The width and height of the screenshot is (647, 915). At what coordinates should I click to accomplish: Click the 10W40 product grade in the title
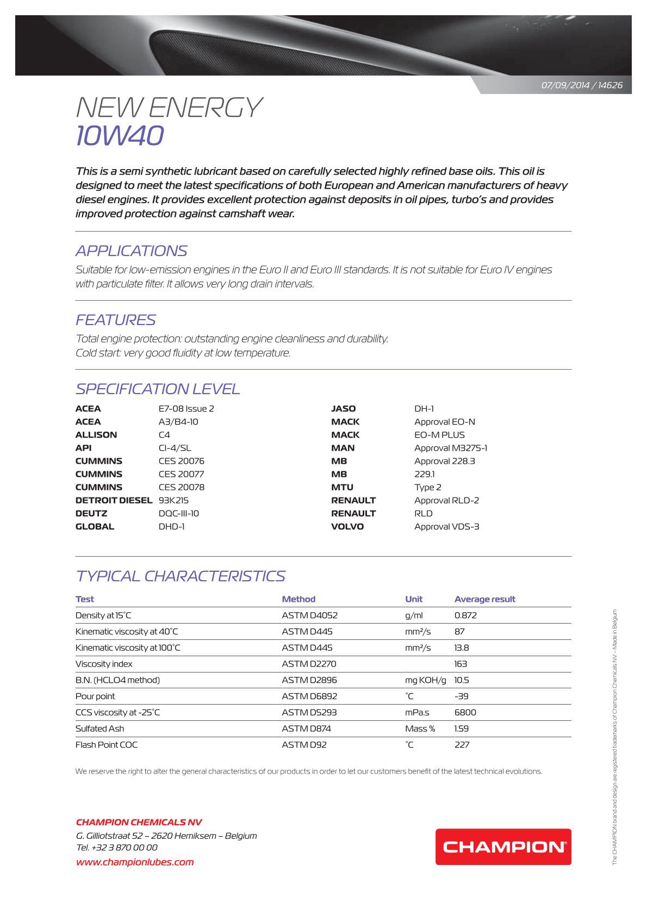click(120, 136)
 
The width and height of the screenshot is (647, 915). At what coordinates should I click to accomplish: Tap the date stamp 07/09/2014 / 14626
click(582, 85)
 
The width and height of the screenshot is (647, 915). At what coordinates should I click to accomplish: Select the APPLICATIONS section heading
click(131, 251)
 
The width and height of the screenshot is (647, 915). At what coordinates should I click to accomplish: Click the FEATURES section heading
click(115, 320)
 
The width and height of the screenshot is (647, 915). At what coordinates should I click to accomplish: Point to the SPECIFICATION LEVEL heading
click(158, 389)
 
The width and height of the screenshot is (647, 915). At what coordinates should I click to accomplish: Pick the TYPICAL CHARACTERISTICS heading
click(180, 576)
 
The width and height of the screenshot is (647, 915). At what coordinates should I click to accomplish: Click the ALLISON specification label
click(96, 435)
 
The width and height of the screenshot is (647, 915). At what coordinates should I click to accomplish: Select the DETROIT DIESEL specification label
click(114, 500)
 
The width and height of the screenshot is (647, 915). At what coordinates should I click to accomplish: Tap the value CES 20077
click(181, 474)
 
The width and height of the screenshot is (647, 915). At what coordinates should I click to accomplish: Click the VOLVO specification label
click(347, 526)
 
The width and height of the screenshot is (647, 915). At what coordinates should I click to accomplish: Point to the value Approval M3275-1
click(451, 448)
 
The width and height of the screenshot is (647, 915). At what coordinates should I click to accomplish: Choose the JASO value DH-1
click(424, 409)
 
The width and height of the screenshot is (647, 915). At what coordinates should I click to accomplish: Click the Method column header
click(298, 599)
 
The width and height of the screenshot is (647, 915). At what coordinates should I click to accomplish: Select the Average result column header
click(484, 599)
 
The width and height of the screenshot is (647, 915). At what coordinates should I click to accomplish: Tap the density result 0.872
click(465, 615)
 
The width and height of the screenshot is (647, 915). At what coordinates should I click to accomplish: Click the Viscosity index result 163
click(461, 664)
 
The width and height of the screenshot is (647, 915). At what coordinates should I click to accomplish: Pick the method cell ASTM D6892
click(309, 696)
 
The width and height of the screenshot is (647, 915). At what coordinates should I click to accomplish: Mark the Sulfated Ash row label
click(99, 729)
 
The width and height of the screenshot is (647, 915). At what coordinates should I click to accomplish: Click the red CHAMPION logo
click(503, 846)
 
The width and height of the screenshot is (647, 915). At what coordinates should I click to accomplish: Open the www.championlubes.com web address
click(135, 862)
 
